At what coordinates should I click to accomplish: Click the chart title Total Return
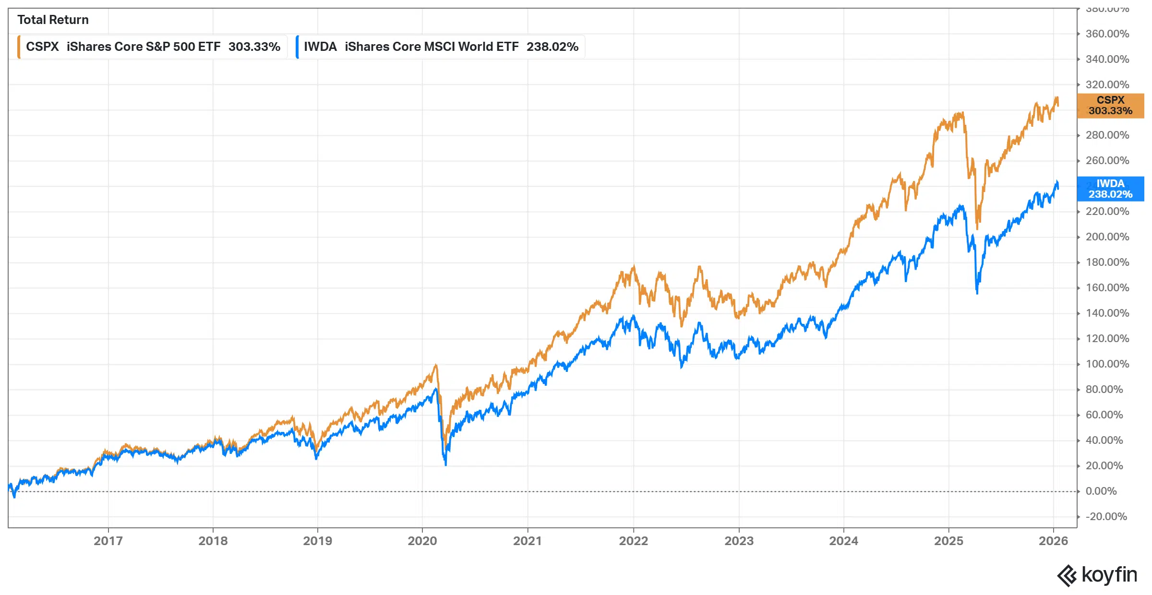[x=53, y=20]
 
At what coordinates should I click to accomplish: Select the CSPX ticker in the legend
[x=42, y=47]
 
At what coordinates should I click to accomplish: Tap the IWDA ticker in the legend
[x=320, y=47]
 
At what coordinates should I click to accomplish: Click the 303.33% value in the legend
[x=254, y=47]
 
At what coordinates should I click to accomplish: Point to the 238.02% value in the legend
[x=552, y=47]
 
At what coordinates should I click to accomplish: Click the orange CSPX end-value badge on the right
[x=1110, y=106]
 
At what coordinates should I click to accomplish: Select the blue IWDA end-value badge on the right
[x=1110, y=189]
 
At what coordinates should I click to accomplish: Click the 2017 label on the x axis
[x=108, y=541]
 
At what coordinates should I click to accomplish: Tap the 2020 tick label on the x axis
[x=422, y=541]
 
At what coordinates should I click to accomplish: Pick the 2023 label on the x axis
[x=739, y=541]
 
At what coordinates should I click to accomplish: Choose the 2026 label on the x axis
[x=1053, y=541]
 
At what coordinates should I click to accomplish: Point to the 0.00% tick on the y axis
[x=1101, y=491]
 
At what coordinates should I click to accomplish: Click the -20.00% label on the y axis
[x=1106, y=516]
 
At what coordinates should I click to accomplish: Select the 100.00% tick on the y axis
[x=1107, y=364]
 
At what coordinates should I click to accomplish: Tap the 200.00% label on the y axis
[x=1107, y=237]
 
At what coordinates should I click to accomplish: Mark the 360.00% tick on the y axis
[x=1107, y=34]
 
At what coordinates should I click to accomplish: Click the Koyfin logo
[x=1097, y=575]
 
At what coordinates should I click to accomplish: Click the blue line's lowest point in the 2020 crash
[x=445, y=464]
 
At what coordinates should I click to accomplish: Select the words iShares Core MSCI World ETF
[x=432, y=47]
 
